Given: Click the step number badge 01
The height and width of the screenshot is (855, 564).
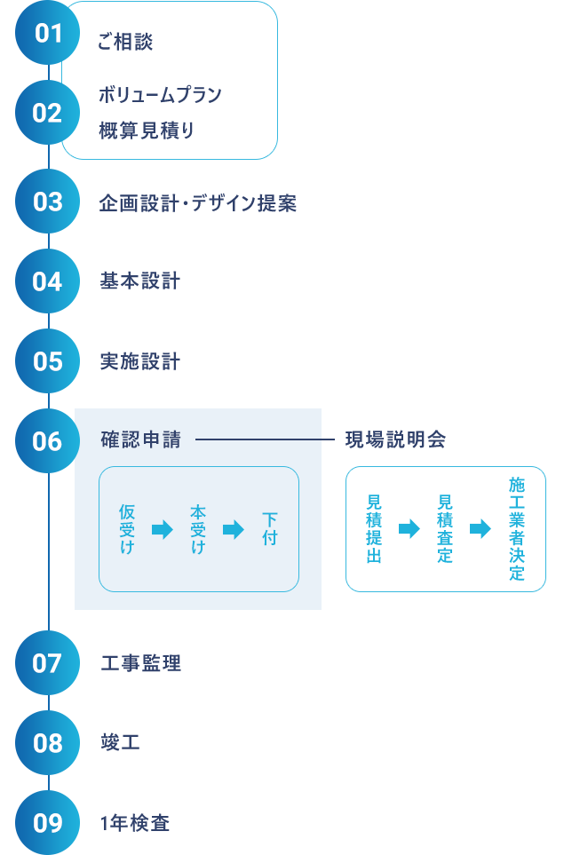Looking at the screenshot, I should [48, 34].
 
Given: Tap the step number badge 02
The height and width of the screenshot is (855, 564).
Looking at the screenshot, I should [48, 113].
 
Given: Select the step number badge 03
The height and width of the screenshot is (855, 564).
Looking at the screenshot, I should [48, 202].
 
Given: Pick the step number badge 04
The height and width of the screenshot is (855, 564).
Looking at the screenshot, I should [48, 281].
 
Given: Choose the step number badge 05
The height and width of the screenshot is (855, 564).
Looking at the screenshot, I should [48, 361].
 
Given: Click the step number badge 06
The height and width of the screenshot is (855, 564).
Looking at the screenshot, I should [48, 441].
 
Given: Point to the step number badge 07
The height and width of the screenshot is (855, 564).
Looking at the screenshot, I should [48, 663].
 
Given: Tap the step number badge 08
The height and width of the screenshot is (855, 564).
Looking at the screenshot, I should [48, 743].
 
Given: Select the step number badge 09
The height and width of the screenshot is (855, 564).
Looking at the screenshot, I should [48, 823].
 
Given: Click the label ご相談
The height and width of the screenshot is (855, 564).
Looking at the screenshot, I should [126, 42].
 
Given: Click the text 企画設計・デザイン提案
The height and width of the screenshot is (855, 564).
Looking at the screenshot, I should [197, 203].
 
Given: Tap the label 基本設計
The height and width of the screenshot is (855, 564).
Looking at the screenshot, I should [139, 281].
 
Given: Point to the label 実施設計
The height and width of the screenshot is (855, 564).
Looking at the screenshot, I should [139, 361].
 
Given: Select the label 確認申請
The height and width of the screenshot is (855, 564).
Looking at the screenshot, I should [140, 439].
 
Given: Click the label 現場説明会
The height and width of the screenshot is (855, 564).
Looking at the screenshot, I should [395, 439].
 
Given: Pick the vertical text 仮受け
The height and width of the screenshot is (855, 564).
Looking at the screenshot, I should [127, 529].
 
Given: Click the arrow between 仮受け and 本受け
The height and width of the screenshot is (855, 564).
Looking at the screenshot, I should [162, 530].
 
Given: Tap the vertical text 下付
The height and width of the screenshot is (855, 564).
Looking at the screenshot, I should [270, 529].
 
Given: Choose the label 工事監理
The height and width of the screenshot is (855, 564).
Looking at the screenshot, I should [141, 663].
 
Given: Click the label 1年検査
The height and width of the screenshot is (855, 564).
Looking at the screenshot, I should [135, 823].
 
